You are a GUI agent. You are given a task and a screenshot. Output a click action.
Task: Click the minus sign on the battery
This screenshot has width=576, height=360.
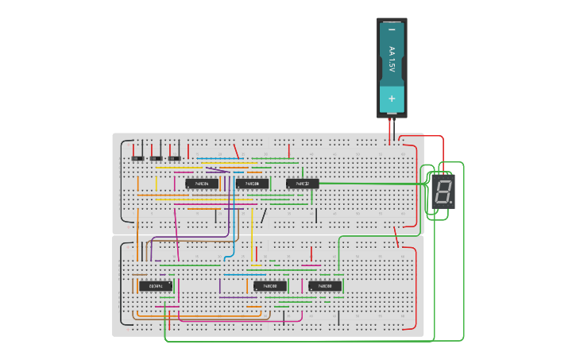tap(392, 30)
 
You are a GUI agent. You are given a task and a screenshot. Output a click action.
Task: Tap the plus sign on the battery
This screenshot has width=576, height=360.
tap(392, 98)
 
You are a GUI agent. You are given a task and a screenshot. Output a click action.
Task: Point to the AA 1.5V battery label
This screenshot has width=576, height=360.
tap(392, 62)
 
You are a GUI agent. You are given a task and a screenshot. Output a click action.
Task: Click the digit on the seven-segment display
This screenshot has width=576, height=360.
tap(443, 192)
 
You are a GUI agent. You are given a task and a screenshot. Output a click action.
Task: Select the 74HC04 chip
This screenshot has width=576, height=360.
tap(202, 184)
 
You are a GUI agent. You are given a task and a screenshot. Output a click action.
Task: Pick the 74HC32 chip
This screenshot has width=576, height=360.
tap(302, 184)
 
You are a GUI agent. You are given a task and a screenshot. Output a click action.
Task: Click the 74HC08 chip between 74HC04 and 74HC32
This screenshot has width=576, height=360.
tap(252, 184)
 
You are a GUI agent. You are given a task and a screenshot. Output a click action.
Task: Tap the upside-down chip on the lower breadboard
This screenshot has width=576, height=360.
tap(156, 285)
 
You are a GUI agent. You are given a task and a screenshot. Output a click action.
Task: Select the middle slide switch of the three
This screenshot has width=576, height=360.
tap(155, 157)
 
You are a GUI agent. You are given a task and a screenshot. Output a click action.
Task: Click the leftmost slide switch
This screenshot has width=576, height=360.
tap(137, 157)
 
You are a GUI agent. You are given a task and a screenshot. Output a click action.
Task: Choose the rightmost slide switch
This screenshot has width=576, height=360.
tap(173, 157)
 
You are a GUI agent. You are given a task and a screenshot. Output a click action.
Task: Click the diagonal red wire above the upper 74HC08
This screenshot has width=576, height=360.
tap(235, 149)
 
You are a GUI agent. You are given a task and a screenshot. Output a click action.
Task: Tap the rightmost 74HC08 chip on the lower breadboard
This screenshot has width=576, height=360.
tap(325, 285)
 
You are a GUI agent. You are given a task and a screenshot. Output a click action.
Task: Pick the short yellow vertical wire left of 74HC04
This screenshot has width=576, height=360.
tap(156, 184)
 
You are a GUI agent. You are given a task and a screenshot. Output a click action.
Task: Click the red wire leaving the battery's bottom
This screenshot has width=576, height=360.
tap(389, 127)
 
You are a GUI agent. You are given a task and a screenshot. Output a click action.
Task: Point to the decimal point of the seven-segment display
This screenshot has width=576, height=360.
tap(451, 203)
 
